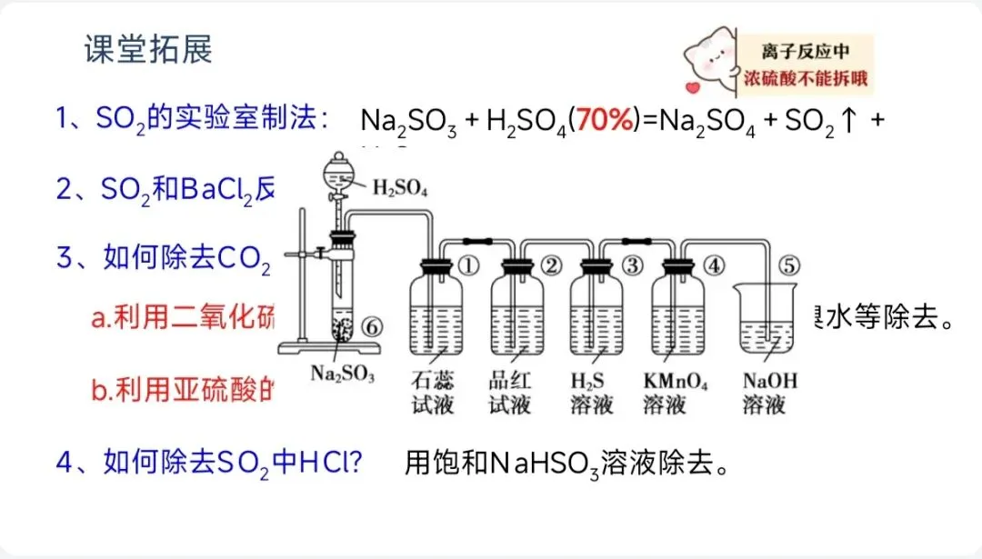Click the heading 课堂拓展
click(148, 50)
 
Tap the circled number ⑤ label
click(788, 266)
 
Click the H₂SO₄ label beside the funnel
click(400, 188)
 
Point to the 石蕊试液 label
click(432, 392)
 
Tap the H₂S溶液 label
click(591, 392)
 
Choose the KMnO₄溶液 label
click(675, 392)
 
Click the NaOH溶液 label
click(769, 392)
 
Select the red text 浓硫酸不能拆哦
click(806, 78)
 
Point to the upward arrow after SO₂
click(847, 121)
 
